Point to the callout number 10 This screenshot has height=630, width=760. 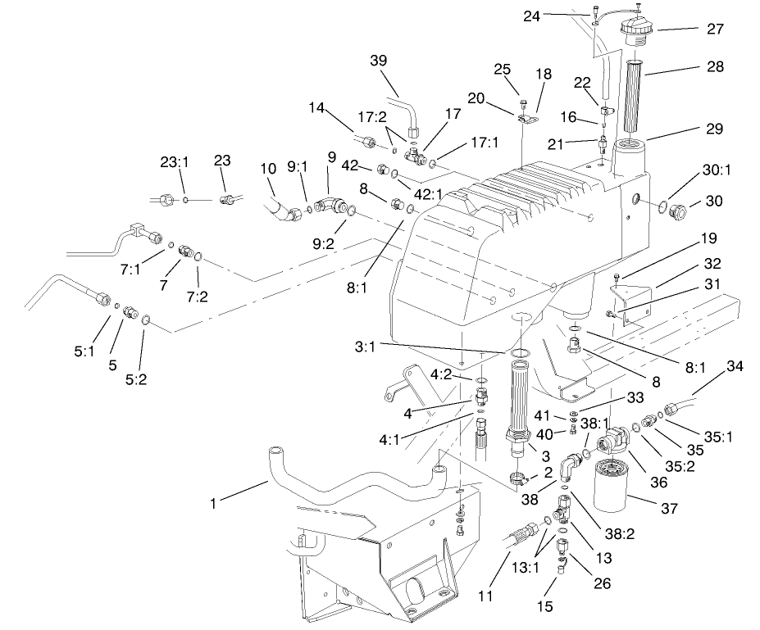269,169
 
